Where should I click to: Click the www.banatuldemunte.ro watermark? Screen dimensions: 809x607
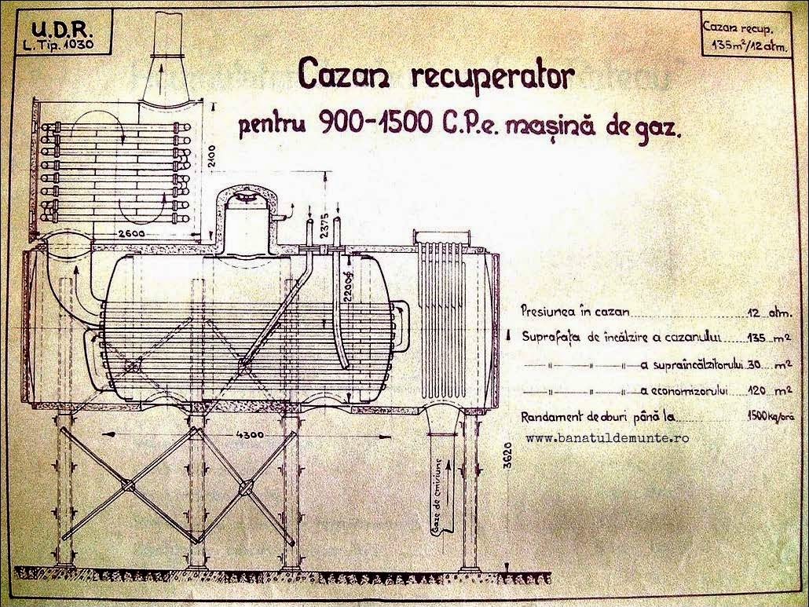pyautogui.click(x=607, y=437)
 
